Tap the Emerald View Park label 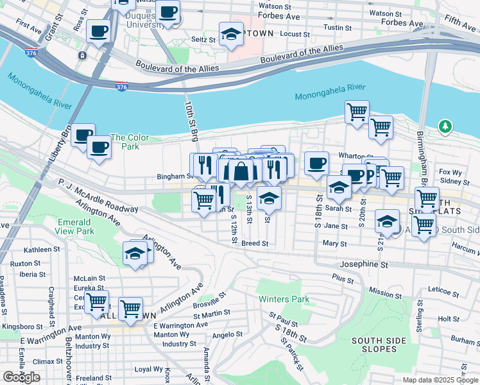(x=76, y=227)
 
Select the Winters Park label (x=284, y=299)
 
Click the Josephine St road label (x=364, y=264)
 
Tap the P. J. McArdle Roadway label (x=97, y=195)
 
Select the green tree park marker (x=445, y=126)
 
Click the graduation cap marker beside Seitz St (x=231, y=35)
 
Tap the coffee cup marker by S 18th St (x=316, y=163)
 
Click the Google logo (x=21, y=377)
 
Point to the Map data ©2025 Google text (x=440, y=380)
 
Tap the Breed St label (x=254, y=243)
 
